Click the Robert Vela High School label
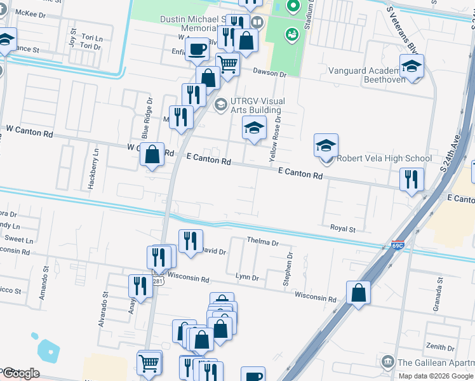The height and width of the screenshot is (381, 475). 384,159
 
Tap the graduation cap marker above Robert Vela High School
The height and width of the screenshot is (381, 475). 326,145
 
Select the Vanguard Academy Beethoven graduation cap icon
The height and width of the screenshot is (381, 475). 411,67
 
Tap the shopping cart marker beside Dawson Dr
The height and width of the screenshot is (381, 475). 227,63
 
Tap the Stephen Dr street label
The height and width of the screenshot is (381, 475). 288,269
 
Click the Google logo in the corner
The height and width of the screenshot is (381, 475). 21,373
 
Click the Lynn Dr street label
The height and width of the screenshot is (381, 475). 247,277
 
